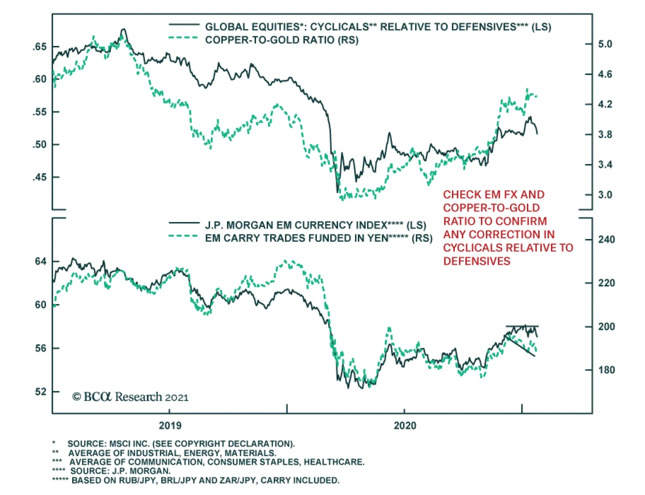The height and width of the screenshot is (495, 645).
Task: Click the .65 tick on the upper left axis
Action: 40,47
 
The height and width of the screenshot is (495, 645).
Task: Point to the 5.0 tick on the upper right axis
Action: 605,44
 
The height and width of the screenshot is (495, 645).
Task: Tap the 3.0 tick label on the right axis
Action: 605,195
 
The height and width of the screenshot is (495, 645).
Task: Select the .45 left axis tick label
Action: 40,177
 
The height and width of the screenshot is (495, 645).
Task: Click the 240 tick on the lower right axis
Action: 606,239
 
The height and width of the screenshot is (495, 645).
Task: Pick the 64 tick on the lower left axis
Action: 40,262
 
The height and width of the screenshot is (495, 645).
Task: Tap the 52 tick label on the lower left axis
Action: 40,392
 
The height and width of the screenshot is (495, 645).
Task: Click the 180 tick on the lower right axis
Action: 606,370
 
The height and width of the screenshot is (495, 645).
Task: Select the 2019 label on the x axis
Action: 170,426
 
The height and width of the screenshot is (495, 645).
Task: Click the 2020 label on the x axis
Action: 405,426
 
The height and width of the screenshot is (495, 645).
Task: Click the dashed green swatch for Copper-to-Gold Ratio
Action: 183,38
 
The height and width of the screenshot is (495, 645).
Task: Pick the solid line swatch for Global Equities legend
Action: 183,25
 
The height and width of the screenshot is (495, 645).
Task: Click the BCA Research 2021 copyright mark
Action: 130,397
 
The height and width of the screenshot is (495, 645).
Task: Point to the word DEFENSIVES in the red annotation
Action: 476,261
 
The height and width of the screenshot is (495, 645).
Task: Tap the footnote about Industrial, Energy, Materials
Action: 172,453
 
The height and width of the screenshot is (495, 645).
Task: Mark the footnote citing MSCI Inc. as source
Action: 181,444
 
